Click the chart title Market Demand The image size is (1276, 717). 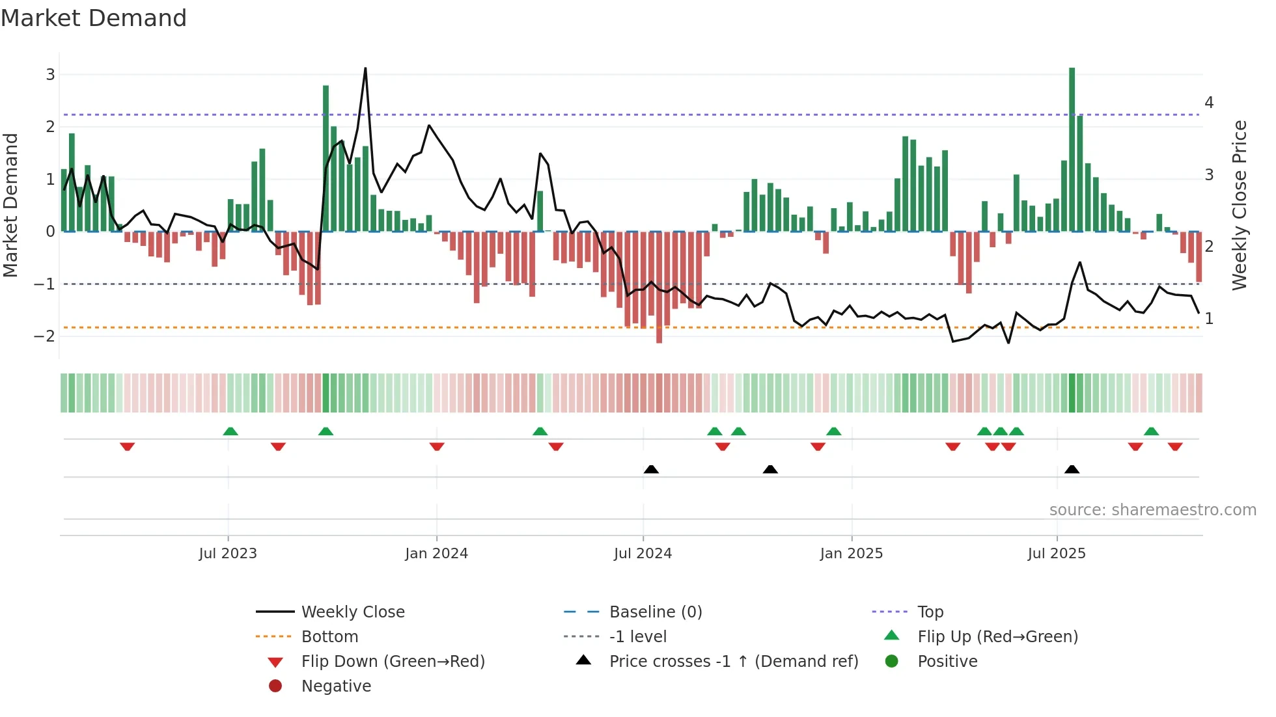pyautogui.click(x=94, y=18)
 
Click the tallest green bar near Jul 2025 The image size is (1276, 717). pyautogui.click(x=1072, y=150)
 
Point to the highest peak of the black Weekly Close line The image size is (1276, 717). pyautogui.click(x=365, y=69)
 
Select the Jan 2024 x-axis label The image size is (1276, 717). pyautogui.click(x=436, y=554)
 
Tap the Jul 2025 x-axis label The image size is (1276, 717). pyautogui.click(x=1057, y=554)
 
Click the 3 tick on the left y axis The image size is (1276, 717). pyautogui.click(x=50, y=75)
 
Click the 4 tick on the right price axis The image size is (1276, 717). pyautogui.click(x=1209, y=103)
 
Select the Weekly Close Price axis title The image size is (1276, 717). pyautogui.click(x=1240, y=205)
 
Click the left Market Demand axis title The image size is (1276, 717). pyautogui.click(x=11, y=205)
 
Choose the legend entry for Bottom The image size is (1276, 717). pyautogui.click(x=329, y=637)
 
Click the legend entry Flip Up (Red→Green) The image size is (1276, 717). pyautogui.click(x=997, y=637)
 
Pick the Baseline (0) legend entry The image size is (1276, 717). pyautogui.click(x=655, y=612)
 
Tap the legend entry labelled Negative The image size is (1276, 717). pyautogui.click(x=336, y=686)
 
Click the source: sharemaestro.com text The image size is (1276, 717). pyautogui.click(x=1152, y=510)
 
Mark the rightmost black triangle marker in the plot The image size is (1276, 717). pyautogui.click(x=1072, y=470)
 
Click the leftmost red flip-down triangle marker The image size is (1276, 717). pyautogui.click(x=128, y=446)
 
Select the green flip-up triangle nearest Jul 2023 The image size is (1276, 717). pyautogui.click(x=230, y=431)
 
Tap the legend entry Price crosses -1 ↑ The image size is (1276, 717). pyautogui.click(x=733, y=662)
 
